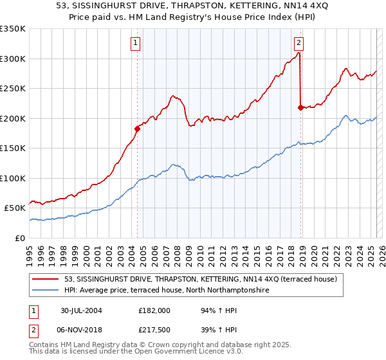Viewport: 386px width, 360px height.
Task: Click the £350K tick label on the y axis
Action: pyautogui.click(x=13, y=29)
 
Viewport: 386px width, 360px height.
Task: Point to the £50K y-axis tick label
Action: pyautogui.click(x=15, y=208)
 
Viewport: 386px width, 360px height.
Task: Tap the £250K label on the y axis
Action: pyautogui.click(x=13, y=89)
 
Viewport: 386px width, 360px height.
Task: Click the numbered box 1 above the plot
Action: pyautogui.click(x=136, y=44)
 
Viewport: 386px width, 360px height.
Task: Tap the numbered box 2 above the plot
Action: pyautogui.click(x=299, y=44)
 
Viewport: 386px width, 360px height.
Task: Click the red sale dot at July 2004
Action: pyautogui.click(x=137, y=129)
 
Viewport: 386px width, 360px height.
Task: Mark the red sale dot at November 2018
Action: pyautogui.click(x=300, y=107)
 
